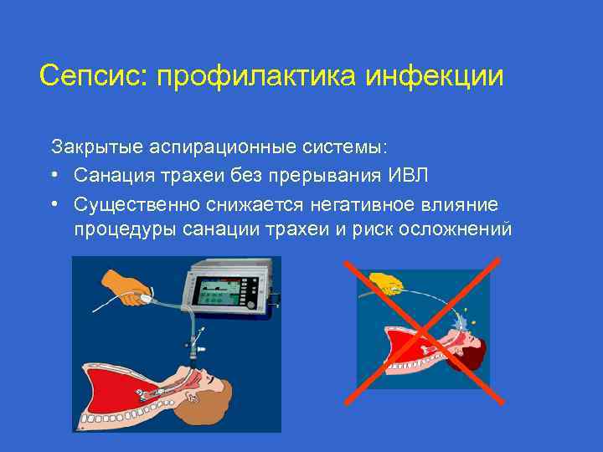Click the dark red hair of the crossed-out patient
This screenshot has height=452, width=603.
475,352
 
